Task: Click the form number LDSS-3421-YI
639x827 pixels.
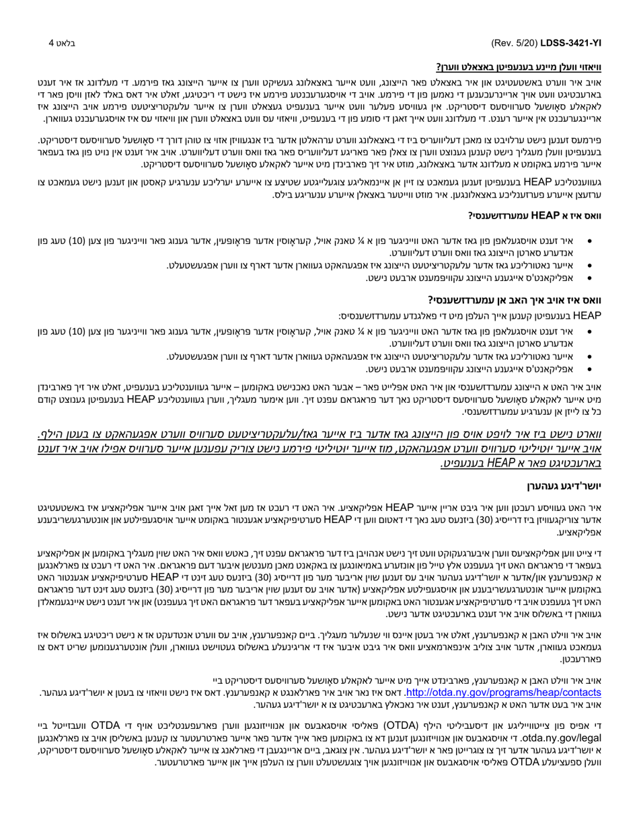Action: click(x=571, y=43)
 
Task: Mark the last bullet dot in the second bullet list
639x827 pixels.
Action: click(x=590, y=370)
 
